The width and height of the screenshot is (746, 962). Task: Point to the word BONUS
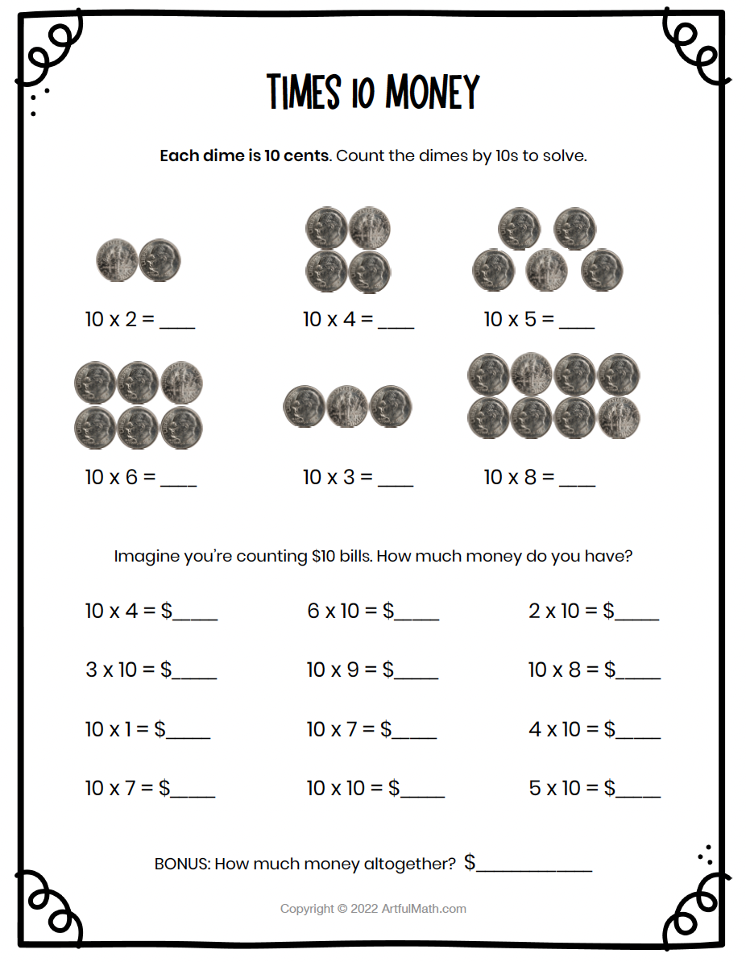click(181, 864)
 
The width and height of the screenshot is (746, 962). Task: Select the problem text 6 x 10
click(333, 611)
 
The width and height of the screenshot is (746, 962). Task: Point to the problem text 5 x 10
click(555, 788)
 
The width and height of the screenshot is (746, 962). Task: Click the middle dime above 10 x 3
click(347, 406)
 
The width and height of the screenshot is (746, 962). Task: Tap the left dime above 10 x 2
click(117, 260)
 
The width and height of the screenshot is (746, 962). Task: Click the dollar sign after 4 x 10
click(610, 729)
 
